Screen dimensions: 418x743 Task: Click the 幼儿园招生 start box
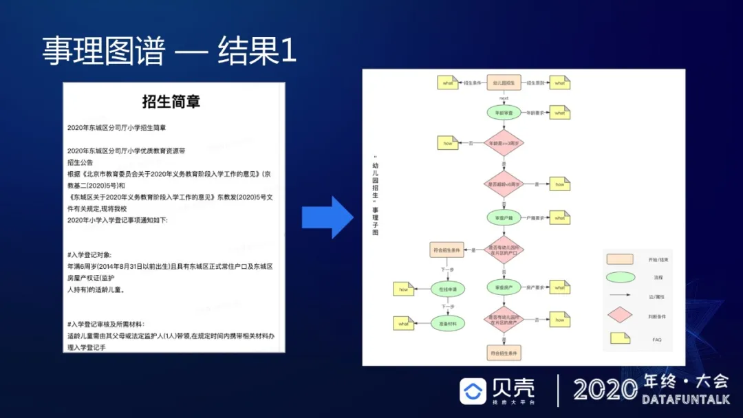tap(504, 82)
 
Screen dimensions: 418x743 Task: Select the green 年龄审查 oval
tap(504, 112)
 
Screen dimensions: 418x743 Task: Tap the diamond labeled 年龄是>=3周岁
tap(504, 143)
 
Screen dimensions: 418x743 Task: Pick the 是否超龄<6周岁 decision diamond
tap(504, 184)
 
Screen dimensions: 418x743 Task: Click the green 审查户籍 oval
tap(504, 219)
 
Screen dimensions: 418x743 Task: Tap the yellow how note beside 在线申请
tap(403, 289)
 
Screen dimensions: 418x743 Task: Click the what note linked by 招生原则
tap(559, 82)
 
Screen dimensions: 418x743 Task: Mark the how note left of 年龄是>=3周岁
tap(448, 143)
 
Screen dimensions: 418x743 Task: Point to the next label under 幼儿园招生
tap(504, 98)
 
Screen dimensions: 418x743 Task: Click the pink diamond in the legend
tap(619, 316)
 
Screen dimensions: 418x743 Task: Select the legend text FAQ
tap(656, 340)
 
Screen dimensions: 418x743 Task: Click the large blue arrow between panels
tap(327, 217)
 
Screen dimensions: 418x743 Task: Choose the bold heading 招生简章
tap(171, 102)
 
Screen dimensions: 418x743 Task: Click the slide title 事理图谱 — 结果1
tap(169, 52)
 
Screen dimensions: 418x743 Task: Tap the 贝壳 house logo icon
tap(473, 390)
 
